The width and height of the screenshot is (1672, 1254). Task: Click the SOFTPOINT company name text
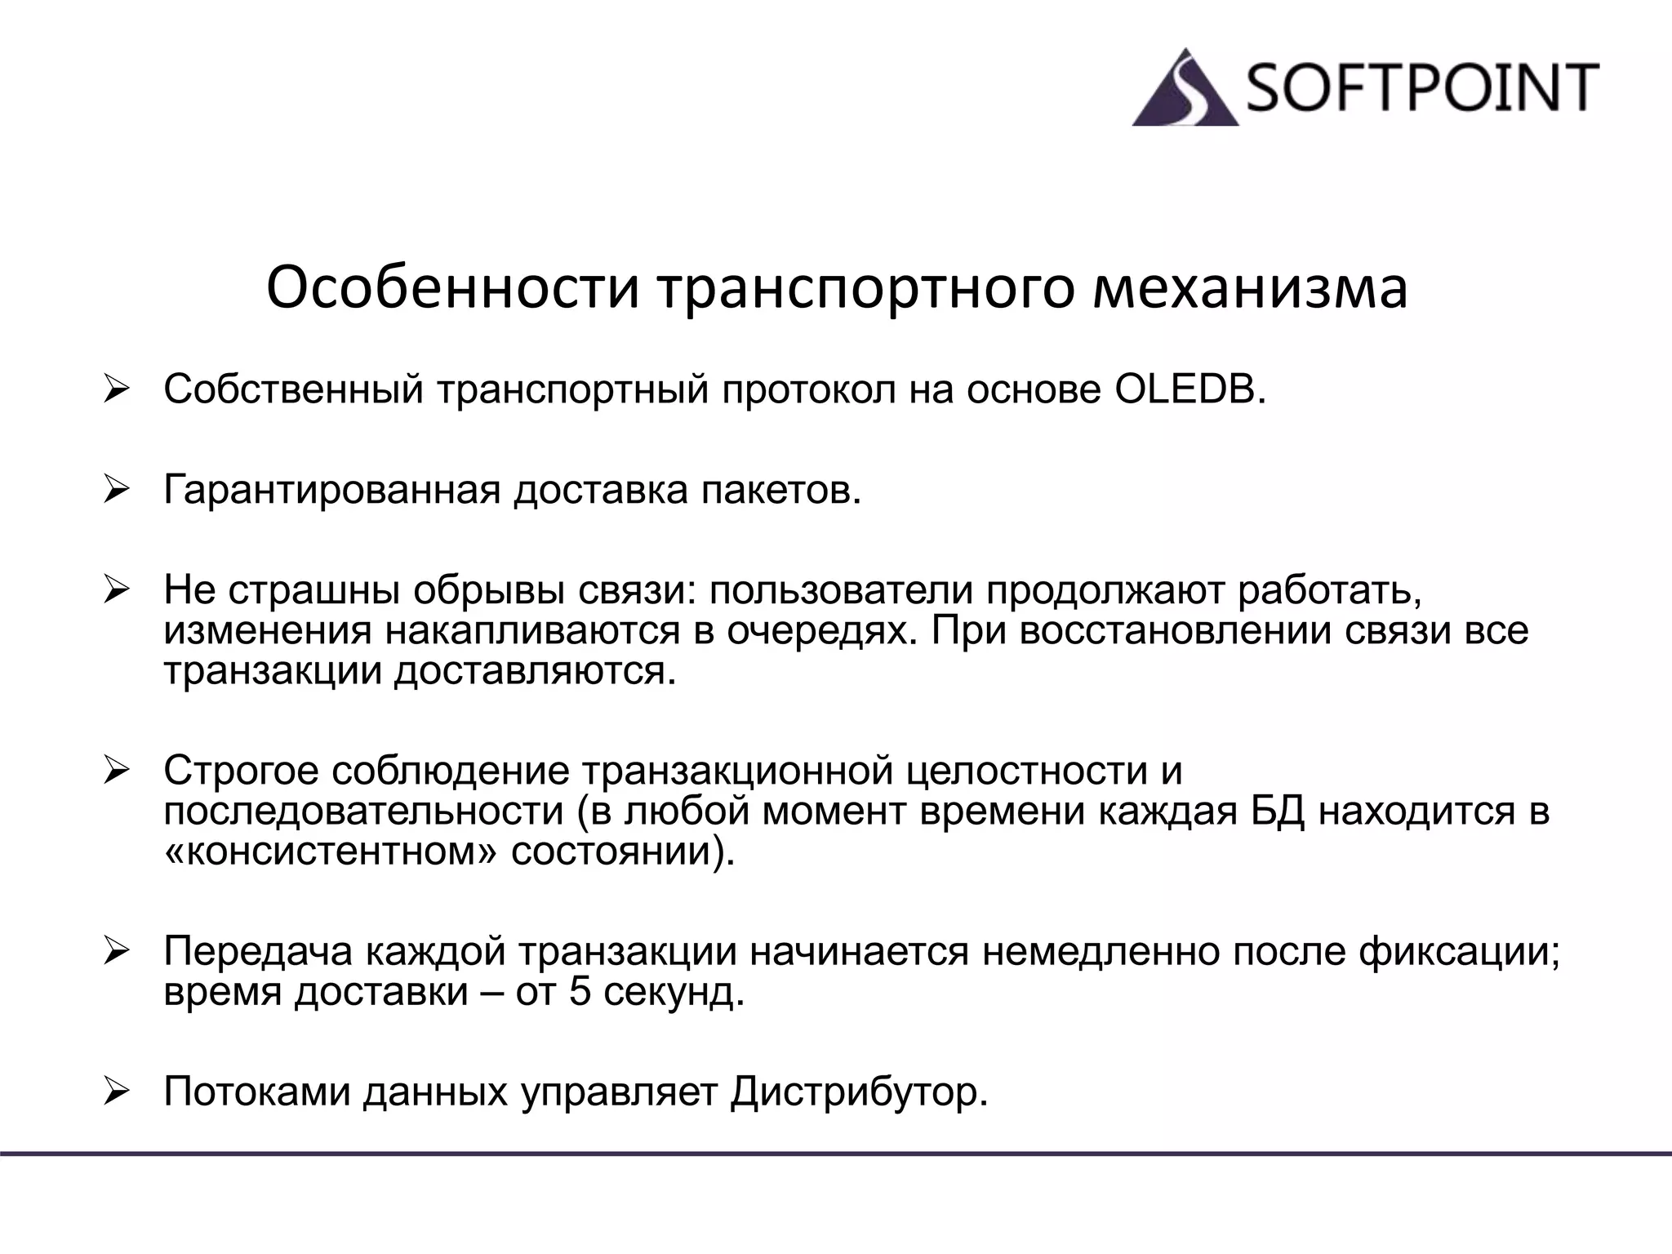[x=1421, y=87]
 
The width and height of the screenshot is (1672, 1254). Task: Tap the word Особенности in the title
[x=452, y=288]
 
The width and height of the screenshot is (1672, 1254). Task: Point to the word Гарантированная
[x=331, y=491]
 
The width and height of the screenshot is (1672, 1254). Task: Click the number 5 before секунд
[x=580, y=992]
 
